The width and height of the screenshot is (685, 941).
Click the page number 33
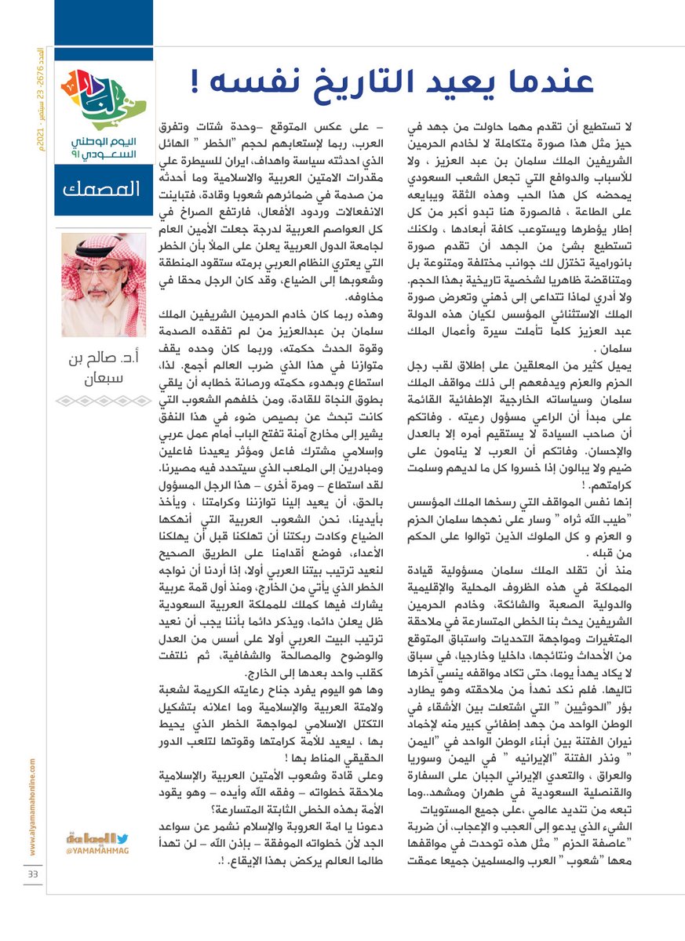[x=33, y=874]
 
